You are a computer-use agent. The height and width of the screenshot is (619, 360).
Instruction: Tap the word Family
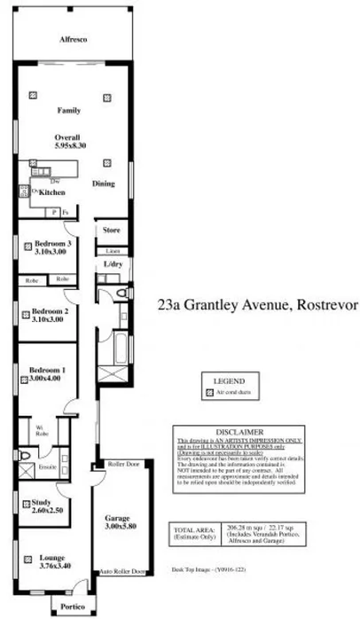point(68,111)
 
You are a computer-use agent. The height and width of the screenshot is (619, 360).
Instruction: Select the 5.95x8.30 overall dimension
point(68,145)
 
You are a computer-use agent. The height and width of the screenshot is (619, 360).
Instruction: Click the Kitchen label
point(52,192)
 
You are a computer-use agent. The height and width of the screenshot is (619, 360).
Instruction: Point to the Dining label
point(104,184)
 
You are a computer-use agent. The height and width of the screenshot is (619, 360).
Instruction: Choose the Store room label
point(111,231)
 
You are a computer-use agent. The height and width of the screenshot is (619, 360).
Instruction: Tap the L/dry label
point(113,265)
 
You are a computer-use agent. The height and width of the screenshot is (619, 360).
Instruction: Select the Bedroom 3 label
point(52,243)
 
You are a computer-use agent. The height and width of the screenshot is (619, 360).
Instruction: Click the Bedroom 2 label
point(50,311)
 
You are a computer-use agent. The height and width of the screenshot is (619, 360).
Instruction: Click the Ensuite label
point(48,466)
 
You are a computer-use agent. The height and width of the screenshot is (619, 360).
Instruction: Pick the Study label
point(42,503)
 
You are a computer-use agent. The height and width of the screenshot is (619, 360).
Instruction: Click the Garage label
point(119,517)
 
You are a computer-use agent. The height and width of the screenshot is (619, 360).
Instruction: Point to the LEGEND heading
point(230,380)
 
